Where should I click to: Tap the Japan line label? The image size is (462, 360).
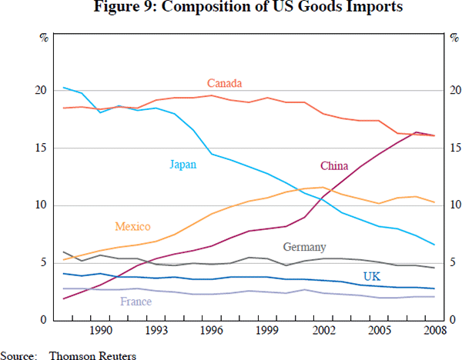[x=182, y=163]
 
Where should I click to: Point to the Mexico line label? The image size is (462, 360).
[x=132, y=227]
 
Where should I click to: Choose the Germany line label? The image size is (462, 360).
[x=305, y=248]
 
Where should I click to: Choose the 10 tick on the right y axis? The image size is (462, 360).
[x=454, y=205]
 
